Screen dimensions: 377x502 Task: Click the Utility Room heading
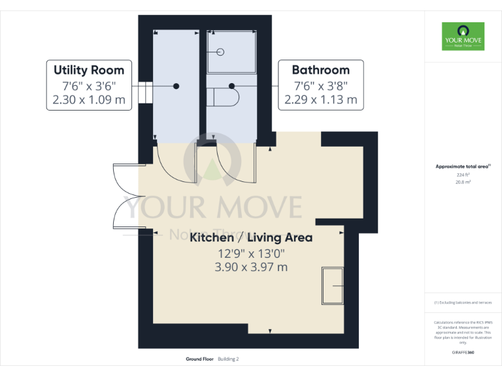pos(89,70)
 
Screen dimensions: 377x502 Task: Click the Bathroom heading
pos(320,70)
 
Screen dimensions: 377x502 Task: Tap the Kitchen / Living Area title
pos(251,238)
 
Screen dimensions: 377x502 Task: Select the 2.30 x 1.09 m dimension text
pos(89,100)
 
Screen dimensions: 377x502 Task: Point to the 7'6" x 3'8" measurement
pos(320,86)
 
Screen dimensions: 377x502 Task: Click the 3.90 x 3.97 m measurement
pos(251,267)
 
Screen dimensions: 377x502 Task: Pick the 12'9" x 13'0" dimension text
pos(251,253)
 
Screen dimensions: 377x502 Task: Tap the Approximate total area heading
pos(463,167)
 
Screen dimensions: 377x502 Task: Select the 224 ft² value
pos(463,175)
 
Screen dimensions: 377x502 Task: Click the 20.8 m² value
pos(463,183)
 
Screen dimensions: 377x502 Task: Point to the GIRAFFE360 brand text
pos(463,353)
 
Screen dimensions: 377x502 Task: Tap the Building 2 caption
pos(229,359)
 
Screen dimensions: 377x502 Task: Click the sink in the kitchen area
pos(333,286)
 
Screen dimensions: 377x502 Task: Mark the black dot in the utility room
pos(176,86)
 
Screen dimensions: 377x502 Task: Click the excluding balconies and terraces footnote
pos(463,302)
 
